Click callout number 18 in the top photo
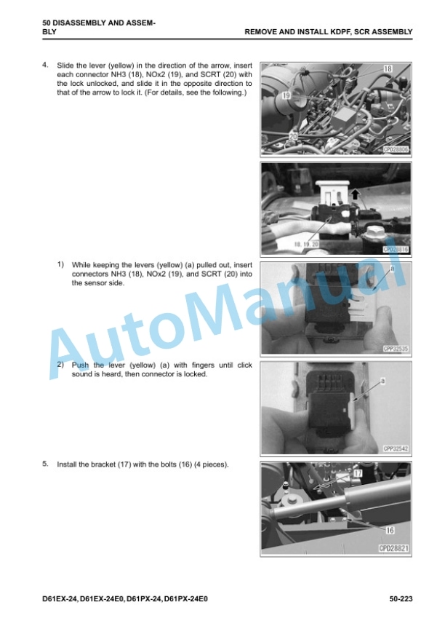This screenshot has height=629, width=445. [388, 68]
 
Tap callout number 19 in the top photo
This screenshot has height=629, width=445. [286, 95]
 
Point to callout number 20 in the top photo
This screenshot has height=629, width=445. [294, 137]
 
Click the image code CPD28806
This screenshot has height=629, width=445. [396, 150]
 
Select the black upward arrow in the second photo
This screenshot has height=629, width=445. [356, 195]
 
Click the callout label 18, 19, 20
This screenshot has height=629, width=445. [306, 245]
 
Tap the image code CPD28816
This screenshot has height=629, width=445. [396, 250]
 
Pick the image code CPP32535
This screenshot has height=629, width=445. [396, 349]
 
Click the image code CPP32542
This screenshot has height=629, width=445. [396, 448]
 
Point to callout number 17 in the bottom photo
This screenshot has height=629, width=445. [358, 473]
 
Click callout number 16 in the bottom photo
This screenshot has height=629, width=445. [390, 530]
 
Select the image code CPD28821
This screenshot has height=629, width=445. [394, 548]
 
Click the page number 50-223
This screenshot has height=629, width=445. [401, 599]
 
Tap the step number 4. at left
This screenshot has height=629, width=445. [45, 65]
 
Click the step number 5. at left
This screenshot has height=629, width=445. [45, 464]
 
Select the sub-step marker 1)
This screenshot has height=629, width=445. [60, 264]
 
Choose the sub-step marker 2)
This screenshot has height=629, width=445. [60, 364]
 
